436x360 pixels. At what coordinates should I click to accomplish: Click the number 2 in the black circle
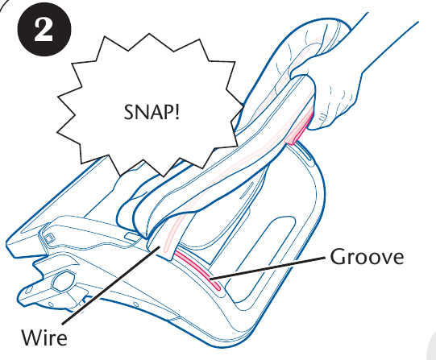point(44,31)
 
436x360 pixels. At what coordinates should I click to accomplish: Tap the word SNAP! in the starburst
point(152,112)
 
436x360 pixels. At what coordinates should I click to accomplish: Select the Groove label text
point(367,257)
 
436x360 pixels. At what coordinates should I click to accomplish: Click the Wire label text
point(44,337)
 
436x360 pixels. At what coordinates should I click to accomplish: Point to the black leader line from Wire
point(111,285)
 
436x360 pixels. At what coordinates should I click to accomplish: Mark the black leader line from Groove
point(268,267)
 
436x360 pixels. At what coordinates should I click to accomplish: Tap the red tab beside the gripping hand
point(300,127)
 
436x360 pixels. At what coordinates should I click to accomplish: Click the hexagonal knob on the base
point(64,282)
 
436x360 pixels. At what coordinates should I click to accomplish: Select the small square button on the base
point(49,238)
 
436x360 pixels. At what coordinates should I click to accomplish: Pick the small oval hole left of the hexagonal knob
point(29,290)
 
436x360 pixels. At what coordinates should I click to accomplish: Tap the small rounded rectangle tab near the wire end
point(133,236)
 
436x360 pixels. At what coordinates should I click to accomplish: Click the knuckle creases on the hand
point(323,117)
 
